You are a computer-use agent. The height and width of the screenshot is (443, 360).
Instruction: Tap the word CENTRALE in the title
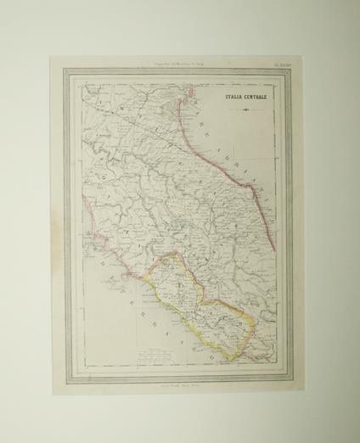[x=256, y=97]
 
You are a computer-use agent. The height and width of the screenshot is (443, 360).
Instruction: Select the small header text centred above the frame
[x=177, y=63]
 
